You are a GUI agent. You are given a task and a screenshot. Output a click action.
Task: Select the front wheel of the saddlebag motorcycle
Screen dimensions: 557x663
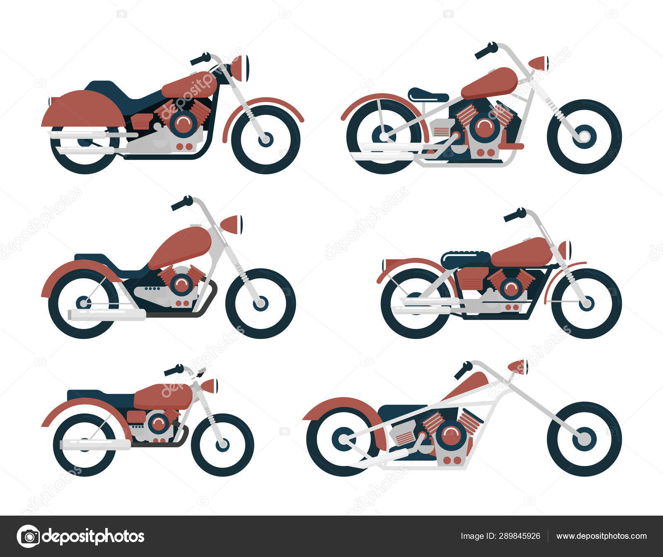(266, 139)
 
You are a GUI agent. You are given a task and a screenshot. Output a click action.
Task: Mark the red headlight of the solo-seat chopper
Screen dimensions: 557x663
(538, 63)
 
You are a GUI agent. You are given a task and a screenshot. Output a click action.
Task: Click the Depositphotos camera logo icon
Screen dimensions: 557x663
(29, 536)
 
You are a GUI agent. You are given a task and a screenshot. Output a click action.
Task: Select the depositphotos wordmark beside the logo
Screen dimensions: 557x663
(93, 536)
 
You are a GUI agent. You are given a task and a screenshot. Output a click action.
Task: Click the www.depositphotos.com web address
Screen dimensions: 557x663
(601, 536)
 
